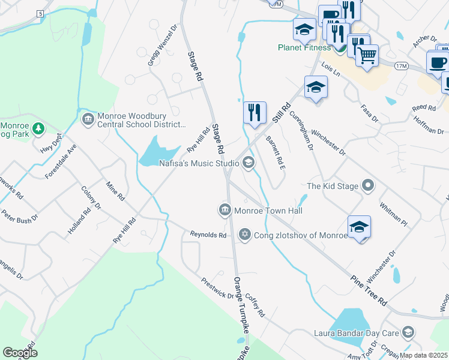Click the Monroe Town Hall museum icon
(x=224, y=210)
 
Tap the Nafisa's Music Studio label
(x=199, y=163)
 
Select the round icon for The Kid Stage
(x=368, y=186)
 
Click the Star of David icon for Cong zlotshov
(x=244, y=234)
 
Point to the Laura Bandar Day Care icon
(x=408, y=332)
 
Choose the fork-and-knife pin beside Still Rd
(x=255, y=112)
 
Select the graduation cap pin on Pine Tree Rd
(x=359, y=227)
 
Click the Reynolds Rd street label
(x=208, y=235)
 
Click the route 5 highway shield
(x=40, y=13)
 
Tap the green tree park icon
(x=38, y=128)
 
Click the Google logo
(x=20, y=352)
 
